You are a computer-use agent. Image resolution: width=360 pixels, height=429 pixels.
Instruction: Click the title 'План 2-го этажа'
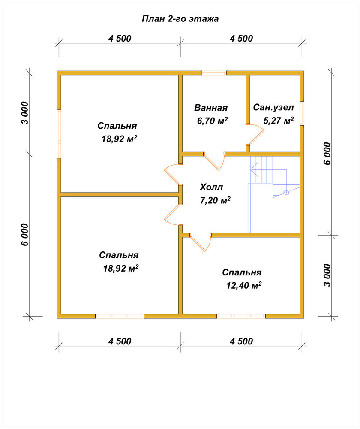180,18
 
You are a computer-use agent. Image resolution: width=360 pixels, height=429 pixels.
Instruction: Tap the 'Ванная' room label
211,108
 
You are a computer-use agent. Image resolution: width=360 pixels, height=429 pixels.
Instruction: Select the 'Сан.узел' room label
273,107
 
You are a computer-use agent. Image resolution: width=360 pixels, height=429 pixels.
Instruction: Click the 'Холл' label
211,187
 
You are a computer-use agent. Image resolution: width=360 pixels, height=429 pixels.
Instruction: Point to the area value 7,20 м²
215,200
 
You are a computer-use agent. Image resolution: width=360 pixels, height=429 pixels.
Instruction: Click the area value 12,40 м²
244,285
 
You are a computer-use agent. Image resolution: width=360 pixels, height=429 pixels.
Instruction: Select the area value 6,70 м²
213,121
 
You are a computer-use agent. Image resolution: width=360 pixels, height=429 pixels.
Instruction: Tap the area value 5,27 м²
279,121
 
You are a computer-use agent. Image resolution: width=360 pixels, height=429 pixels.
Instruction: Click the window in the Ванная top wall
214,73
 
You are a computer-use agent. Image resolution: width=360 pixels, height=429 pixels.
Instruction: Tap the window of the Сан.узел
302,113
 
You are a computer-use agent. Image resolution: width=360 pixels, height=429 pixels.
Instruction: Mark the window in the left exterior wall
59,133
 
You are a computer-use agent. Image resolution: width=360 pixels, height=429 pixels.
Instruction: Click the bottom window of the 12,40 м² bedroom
241,316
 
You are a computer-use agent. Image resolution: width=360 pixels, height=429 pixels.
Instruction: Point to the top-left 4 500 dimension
120,39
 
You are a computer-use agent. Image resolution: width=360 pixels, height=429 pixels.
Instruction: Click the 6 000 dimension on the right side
327,153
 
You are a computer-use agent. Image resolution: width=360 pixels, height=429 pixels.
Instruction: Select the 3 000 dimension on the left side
24,113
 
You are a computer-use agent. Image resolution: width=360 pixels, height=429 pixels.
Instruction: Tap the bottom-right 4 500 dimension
241,341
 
